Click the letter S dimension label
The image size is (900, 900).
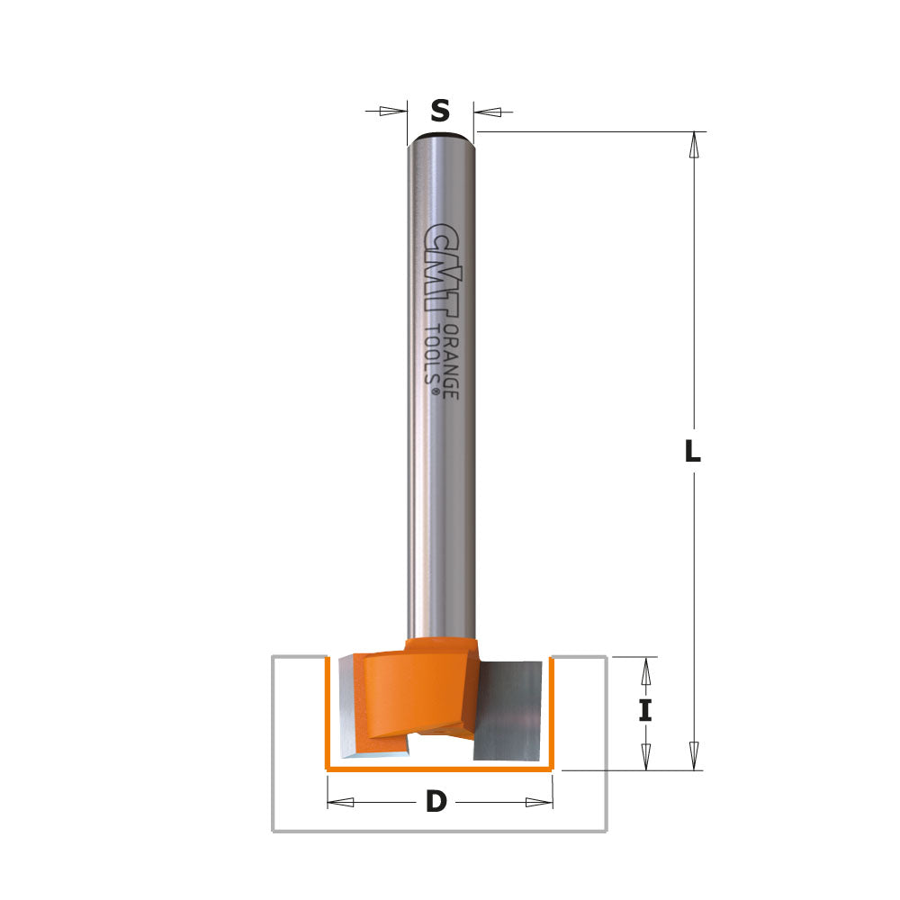pos(439,111)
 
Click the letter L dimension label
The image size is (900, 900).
pos(691,453)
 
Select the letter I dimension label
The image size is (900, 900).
pos(645,712)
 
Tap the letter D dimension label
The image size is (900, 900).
pos(436,802)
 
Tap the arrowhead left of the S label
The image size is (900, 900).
pos(392,112)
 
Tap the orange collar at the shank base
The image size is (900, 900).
pos(438,646)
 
